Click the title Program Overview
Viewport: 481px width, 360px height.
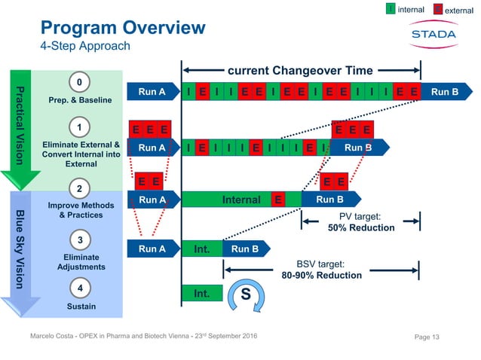[122, 28]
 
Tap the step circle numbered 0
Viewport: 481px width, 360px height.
[79, 81]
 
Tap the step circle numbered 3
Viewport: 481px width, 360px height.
[79, 240]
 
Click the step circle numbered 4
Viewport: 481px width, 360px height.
[79, 288]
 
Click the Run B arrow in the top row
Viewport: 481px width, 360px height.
[443, 93]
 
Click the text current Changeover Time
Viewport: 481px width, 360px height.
[300, 71]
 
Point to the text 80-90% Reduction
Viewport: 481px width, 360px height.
[322, 276]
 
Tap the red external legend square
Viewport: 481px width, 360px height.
[430, 9]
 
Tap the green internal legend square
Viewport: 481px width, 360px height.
[390, 9]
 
